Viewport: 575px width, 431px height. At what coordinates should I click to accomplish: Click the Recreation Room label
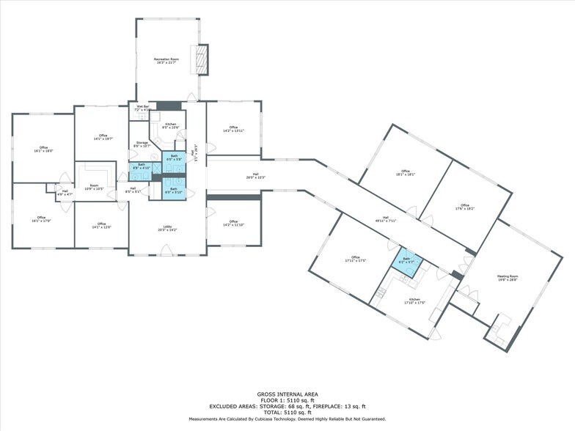(168, 60)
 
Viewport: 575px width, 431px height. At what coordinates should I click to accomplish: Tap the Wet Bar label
(142, 108)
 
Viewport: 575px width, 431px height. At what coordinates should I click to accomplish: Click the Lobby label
(167, 228)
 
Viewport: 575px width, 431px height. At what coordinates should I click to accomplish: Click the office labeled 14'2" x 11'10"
(233, 223)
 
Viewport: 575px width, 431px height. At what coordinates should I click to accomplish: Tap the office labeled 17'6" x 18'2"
(464, 207)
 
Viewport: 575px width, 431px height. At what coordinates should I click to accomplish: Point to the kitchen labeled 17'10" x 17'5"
(414, 301)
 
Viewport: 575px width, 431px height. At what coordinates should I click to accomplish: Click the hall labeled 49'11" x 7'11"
(386, 218)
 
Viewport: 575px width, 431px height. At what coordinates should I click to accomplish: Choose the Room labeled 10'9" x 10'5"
(94, 187)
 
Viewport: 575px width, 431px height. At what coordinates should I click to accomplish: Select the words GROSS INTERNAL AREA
(287, 394)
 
